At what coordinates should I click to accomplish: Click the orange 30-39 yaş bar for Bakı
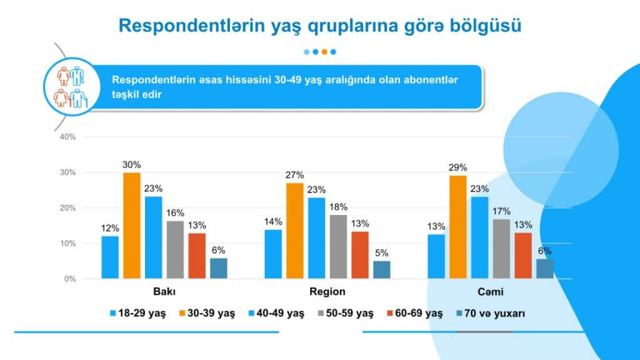(132, 225)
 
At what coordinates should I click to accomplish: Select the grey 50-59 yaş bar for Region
(339, 246)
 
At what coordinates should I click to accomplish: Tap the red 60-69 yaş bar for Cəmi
(524, 255)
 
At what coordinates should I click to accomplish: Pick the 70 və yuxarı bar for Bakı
(219, 268)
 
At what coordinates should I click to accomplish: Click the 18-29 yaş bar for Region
(273, 254)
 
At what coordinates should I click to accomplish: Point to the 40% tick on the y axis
(67, 137)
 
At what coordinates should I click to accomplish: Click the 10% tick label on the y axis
(67, 243)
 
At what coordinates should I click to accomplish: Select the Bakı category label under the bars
(164, 292)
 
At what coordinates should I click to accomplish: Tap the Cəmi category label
(490, 292)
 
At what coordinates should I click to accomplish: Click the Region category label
(327, 292)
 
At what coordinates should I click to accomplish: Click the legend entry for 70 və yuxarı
(491, 314)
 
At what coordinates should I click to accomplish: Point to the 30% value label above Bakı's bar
(132, 164)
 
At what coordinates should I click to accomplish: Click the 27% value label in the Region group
(294, 175)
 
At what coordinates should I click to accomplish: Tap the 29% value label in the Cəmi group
(457, 167)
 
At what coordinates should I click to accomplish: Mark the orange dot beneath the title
(324, 52)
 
